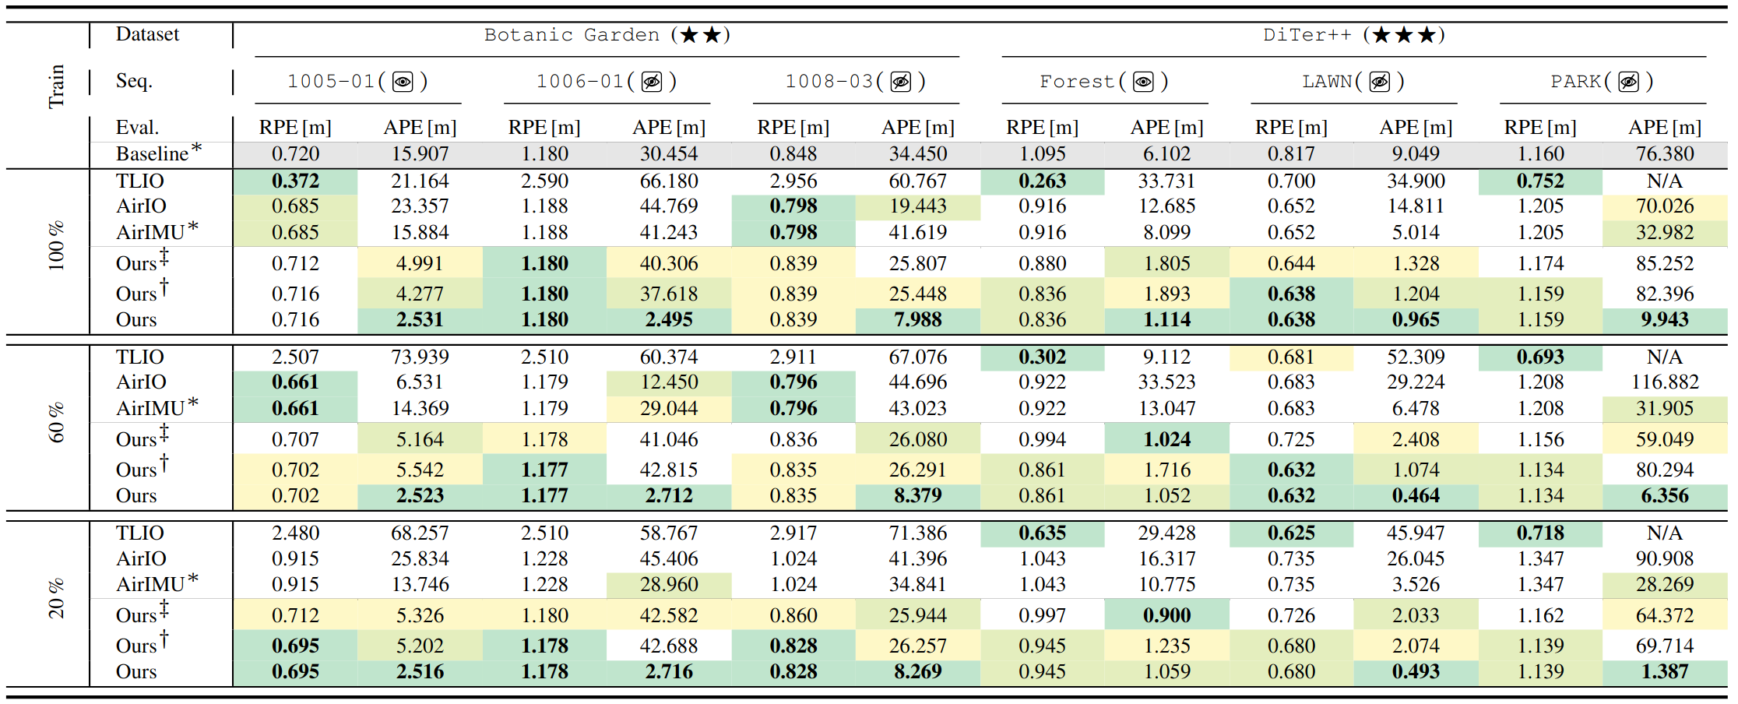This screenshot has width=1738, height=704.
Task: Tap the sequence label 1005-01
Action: coord(331,82)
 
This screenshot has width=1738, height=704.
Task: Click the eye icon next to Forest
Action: coord(1143,82)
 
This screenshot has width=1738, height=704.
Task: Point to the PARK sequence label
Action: coord(1575,82)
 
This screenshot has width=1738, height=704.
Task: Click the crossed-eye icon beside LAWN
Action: coord(1380,82)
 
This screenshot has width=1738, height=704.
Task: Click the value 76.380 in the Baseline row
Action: coord(1665,153)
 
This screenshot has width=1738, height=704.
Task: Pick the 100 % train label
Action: coord(56,247)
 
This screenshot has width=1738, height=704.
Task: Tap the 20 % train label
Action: coord(56,599)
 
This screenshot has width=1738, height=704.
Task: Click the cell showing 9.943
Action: coord(1665,319)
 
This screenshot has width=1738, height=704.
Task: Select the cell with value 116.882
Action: coord(1665,382)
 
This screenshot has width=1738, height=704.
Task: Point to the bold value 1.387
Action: coord(1665,671)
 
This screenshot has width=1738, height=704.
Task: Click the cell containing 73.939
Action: coord(420,357)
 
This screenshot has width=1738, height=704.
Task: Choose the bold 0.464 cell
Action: coord(1416,495)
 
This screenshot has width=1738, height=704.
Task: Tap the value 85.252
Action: coord(1665,264)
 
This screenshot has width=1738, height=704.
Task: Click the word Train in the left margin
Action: coord(56,86)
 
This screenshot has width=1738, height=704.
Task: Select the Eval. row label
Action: coord(137,128)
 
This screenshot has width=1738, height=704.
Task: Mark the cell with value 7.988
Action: coord(917,319)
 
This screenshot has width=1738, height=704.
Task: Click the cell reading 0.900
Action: coord(1166,615)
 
